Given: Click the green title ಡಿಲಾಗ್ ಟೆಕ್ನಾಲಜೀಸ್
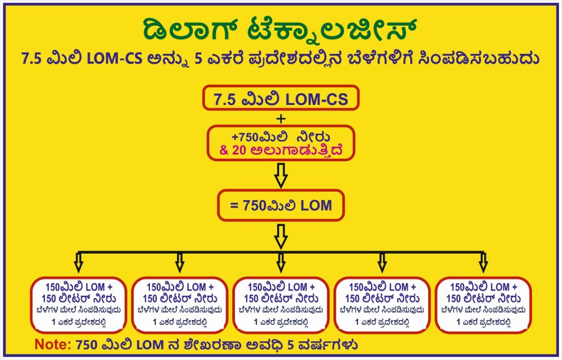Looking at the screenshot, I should (280, 30).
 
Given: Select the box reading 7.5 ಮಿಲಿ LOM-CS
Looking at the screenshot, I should (280, 99).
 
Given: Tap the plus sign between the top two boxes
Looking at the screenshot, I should (280, 119).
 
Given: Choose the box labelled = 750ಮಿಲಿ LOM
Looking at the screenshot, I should (280, 205).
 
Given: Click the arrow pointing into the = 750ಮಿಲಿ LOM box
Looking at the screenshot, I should (280, 175).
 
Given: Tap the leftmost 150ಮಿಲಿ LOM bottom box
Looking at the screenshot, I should (78, 304).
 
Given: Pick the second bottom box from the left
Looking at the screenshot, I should (179, 304).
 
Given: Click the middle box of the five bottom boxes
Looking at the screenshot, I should (280, 304).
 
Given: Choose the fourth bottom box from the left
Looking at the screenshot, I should (382, 304).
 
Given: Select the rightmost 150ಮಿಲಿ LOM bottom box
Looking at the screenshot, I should (483, 304).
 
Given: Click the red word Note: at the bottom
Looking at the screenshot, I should (52, 344).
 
